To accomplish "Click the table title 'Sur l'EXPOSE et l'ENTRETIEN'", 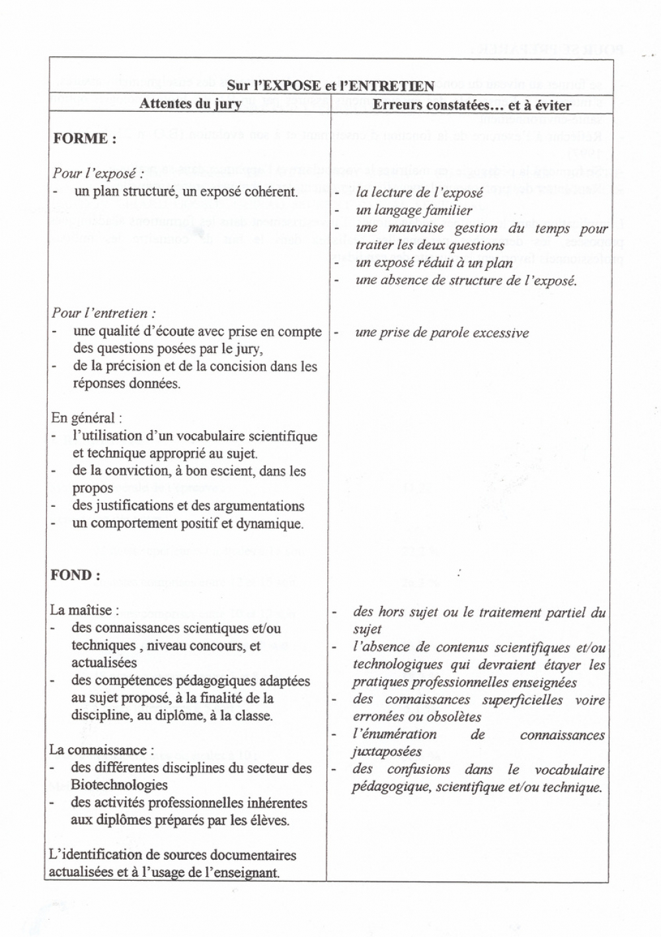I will (x=330, y=86).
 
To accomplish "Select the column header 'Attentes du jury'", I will (x=190, y=104).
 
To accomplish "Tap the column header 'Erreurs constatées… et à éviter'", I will (x=472, y=104).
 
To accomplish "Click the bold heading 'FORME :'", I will (x=85, y=139).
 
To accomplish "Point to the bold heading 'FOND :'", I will (x=75, y=575).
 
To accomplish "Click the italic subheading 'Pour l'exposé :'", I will (x=98, y=174).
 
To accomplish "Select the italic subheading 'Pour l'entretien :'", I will (x=104, y=313).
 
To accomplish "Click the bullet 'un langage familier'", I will (x=414, y=210).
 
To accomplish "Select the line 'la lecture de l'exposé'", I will (x=419, y=193).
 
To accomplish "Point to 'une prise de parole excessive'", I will (x=442, y=332).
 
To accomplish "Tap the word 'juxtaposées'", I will (x=387, y=751).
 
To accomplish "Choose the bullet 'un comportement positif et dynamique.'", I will (x=188, y=523).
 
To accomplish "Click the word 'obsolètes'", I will (x=453, y=716).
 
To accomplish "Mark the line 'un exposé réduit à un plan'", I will (x=434, y=262).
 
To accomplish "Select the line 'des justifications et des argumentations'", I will (x=188, y=506).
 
